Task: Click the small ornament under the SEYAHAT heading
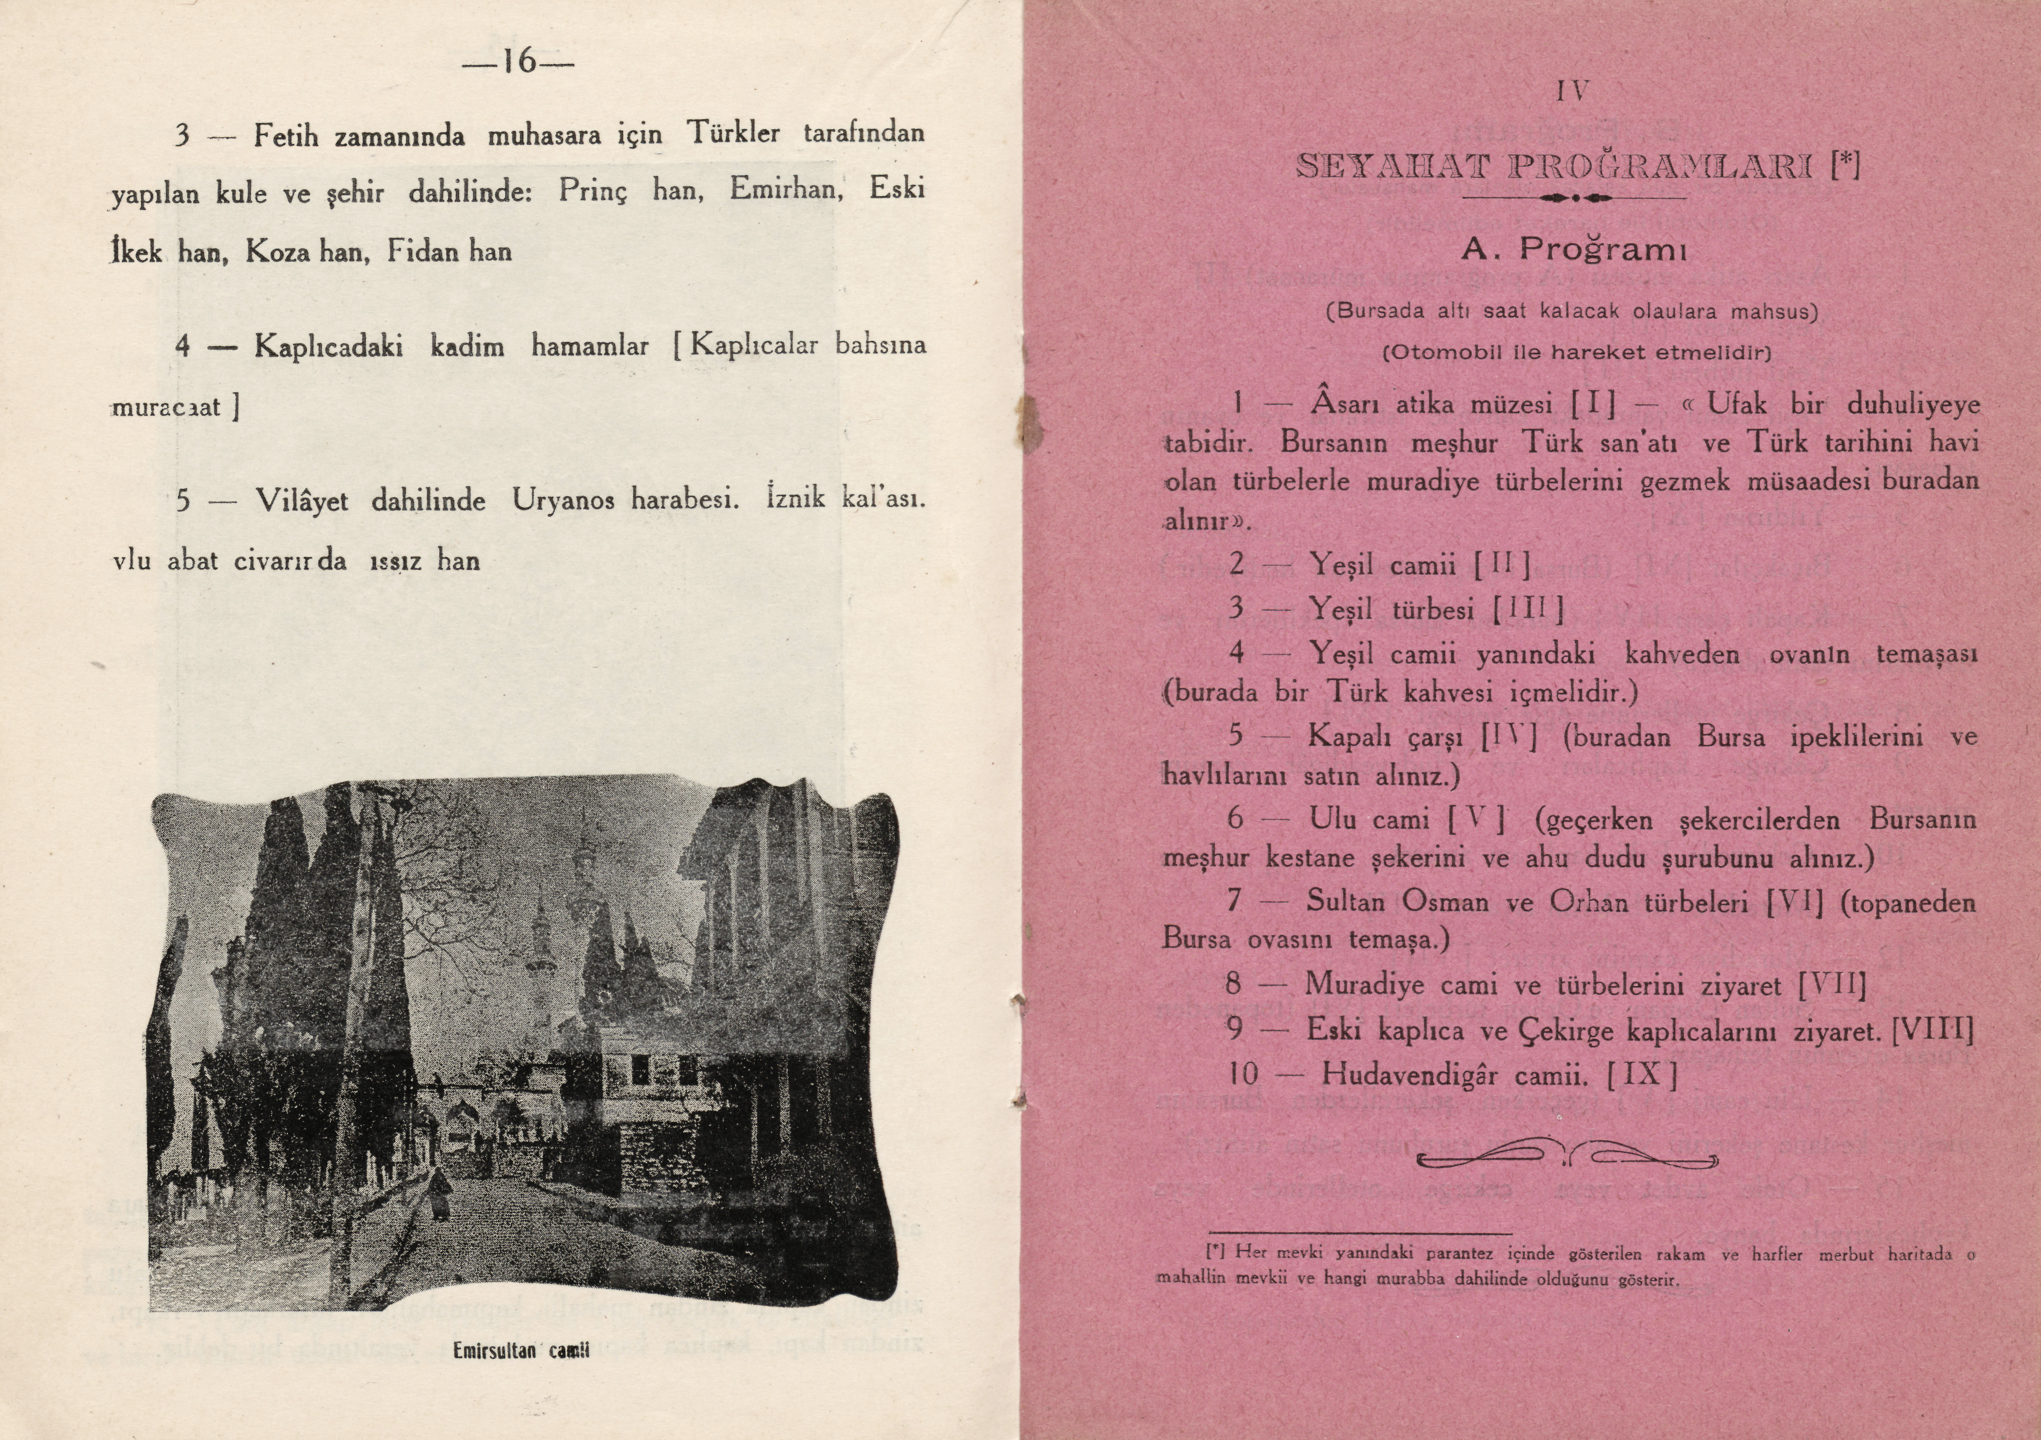coord(1574,197)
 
